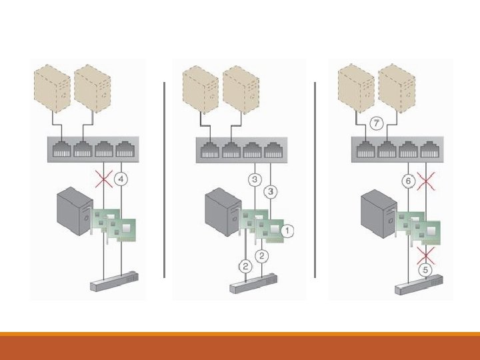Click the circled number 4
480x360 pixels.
121,179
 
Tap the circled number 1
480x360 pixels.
287,231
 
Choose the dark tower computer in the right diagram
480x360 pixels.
375,214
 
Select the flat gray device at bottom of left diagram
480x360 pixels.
113,281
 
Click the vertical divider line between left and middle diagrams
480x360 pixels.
164,179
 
